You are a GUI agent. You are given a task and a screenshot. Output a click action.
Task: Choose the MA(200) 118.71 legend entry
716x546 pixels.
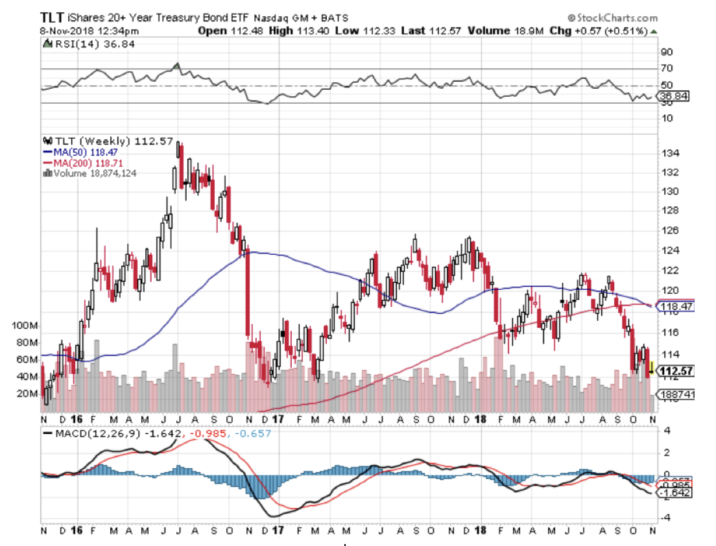[x=77, y=161]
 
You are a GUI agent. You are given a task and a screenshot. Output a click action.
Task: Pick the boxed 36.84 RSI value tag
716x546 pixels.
[x=673, y=96]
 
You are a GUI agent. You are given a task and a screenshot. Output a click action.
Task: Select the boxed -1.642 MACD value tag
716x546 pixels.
[x=674, y=493]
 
